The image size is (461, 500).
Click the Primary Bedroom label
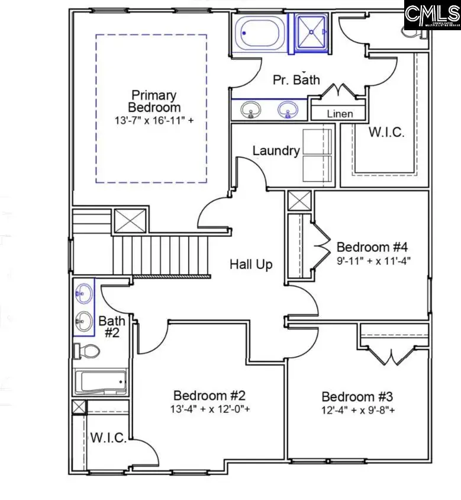[154, 101]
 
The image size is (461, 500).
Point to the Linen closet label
[340, 114]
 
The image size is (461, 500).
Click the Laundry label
[276, 151]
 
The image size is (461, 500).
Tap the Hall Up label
[251, 264]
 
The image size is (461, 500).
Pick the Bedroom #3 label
[357, 397]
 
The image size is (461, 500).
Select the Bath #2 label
[112, 327]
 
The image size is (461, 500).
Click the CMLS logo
[431, 15]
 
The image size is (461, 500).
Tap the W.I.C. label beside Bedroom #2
[108, 438]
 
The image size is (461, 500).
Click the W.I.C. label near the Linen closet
[386, 132]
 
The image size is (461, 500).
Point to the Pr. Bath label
[296, 79]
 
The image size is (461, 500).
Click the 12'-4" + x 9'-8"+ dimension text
[357, 410]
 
